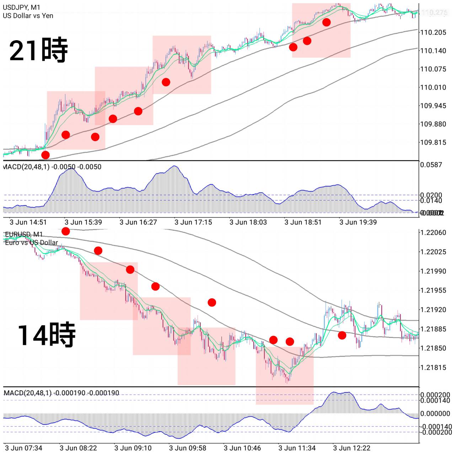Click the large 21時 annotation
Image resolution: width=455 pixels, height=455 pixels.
click(38, 50)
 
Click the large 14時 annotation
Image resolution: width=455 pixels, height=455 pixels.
click(47, 335)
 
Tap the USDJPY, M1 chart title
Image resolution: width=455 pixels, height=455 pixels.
click(21, 7)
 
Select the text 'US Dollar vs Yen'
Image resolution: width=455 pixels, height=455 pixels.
click(28, 16)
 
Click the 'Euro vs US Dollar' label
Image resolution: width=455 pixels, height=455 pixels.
click(31, 243)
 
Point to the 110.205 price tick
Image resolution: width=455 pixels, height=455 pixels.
click(433, 32)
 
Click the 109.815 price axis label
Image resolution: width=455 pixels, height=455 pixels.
click(433, 143)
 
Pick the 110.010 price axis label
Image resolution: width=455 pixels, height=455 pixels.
click(433, 87)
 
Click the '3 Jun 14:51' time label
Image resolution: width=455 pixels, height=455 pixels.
click(28, 223)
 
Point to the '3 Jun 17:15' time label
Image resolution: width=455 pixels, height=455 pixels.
click(193, 223)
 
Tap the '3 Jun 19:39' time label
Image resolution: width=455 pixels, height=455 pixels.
click(358, 223)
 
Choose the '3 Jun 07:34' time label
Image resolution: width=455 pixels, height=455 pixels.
click(23, 448)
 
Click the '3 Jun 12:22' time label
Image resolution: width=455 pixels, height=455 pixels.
click(352, 448)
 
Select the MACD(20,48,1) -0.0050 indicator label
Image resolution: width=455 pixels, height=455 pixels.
click(52, 167)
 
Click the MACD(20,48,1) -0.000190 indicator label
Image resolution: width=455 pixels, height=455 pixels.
click(61, 393)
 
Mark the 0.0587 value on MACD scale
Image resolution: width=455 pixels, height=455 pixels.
click(431, 165)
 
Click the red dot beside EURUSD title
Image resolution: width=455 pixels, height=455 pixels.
click(66, 231)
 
